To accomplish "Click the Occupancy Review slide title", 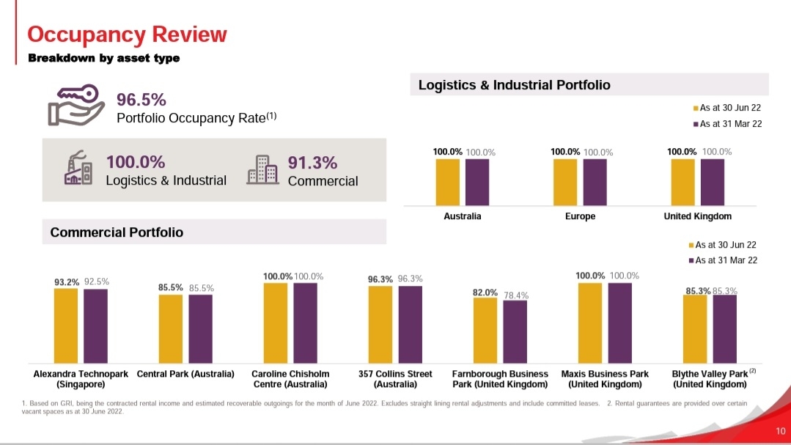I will coord(127,34).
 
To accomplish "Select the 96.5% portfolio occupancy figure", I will coord(141,100).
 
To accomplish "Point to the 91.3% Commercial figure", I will coord(312,162).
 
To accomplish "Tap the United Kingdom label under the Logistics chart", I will coord(697,217).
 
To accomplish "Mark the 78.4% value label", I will coord(516,295).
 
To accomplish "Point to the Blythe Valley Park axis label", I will coord(709,379).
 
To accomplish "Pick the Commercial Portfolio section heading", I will coord(117,232).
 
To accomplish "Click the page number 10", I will coord(780,430).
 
